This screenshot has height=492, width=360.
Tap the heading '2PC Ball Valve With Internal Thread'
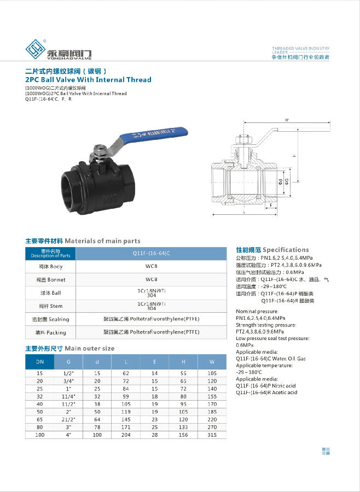(x=89, y=80)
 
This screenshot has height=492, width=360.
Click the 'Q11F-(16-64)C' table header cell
(x=151, y=254)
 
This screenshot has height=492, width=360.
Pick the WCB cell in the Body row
(x=151, y=267)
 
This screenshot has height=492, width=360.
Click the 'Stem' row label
(x=50, y=306)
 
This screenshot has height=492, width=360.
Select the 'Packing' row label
(x=50, y=332)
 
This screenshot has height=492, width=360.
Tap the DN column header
(x=40, y=362)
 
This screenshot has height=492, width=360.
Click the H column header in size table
(x=183, y=362)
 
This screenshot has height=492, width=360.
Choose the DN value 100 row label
(x=40, y=435)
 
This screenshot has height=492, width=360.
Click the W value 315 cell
(x=212, y=435)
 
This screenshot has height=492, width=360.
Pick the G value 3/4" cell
(x=68, y=380)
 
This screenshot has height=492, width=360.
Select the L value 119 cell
(x=126, y=412)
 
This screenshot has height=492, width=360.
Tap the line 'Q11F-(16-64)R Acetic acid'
(x=266, y=393)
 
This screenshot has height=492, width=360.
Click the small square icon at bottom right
(x=326, y=451)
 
